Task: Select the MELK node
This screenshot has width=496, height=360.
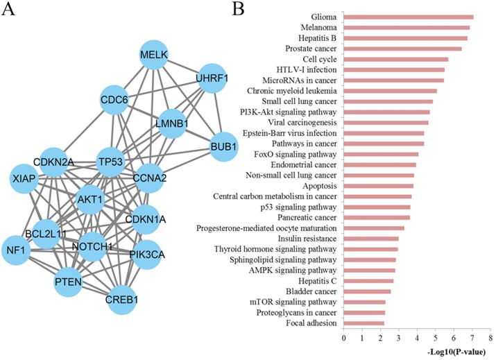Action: [x=155, y=55]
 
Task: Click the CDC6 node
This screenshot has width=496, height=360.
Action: [x=115, y=100]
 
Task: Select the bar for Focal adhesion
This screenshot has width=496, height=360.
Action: [x=364, y=323]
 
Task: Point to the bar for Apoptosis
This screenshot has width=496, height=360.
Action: [x=378, y=185]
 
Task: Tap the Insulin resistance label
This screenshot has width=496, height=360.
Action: [x=309, y=239]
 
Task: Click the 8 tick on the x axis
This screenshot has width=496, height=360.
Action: [x=490, y=338]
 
